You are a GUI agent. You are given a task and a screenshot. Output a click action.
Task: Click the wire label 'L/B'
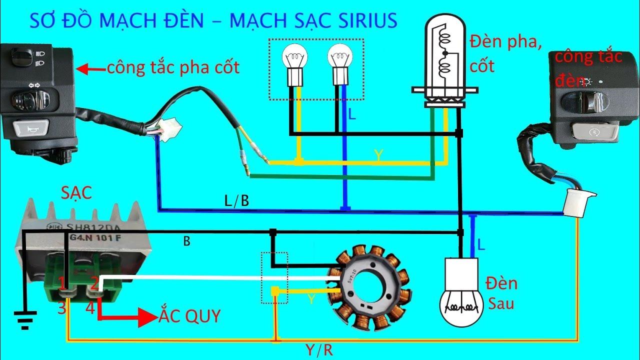pyautogui.click(x=236, y=201)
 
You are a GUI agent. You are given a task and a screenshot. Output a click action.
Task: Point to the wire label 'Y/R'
pyautogui.click(x=319, y=350)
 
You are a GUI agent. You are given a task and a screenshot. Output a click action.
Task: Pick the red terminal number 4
pyautogui.click(x=90, y=308)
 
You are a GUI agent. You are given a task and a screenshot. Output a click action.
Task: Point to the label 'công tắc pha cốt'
pyautogui.click(x=173, y=68)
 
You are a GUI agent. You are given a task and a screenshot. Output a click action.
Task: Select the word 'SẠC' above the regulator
pyautogui.click(x=76, y=193)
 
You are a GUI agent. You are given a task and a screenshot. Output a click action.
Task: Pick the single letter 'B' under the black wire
pyautogui.click(x=186, y=241)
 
